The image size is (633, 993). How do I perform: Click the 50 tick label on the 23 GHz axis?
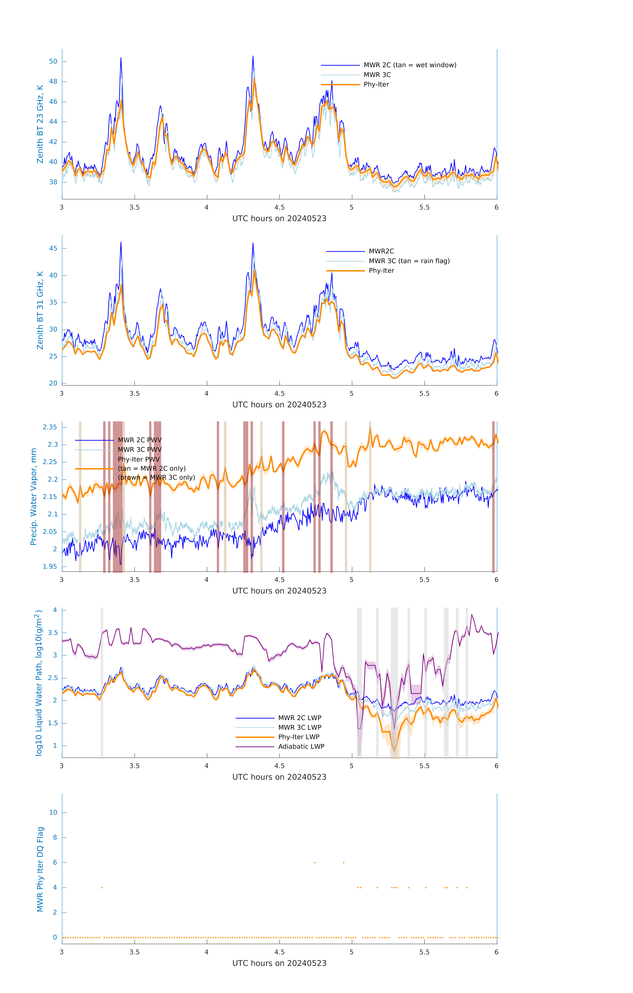(x=53, y=61)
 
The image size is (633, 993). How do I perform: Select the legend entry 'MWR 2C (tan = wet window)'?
(x=409, y=65)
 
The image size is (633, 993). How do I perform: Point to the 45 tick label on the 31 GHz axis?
(x=53, y=249)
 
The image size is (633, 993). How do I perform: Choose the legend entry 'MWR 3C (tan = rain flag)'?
(x=409, y=261)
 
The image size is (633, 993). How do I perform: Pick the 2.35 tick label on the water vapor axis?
(x=50, y=427)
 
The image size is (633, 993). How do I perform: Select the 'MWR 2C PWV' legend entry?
(x=139, y=440)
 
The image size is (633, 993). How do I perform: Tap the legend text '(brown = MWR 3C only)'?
(x=156, y=477)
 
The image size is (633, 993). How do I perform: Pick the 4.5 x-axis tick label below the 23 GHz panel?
(x=279, y=207)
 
